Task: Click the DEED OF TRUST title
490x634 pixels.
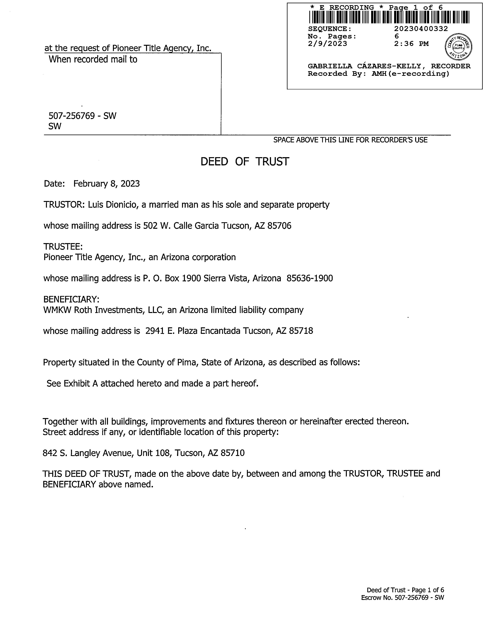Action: point(245,162)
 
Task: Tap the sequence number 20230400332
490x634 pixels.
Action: point(421,29)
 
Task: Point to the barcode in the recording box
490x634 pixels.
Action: point(389,17)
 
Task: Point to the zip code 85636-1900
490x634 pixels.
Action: point(310,278)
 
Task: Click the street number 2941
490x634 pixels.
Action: point(155,331)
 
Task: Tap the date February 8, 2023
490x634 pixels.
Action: point(107,184)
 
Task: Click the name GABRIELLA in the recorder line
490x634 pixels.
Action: point(330,66)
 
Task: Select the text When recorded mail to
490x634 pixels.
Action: point(93,60)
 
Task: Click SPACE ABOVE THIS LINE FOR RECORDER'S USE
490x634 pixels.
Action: point(350,140)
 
